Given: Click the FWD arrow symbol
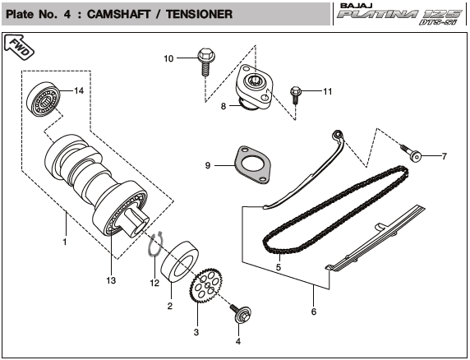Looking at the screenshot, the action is (19, 46).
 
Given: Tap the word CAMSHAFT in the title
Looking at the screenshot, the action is (118, 14).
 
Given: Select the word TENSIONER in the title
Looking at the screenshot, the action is (200, 14).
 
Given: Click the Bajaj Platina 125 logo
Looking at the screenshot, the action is (400, 14).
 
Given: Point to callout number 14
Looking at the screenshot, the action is (79, 90).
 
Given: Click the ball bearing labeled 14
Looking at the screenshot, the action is (44, 98).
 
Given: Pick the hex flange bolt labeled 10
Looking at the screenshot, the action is (206, 62).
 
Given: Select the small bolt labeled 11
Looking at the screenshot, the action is (296, 95).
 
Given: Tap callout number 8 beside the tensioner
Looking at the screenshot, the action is (223, 106).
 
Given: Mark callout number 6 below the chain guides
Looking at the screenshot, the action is (314, 312).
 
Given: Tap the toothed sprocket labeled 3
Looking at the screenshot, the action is (206, 285).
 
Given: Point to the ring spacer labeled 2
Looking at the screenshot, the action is (180, 262).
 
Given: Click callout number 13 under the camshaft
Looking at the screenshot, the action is (111, 280).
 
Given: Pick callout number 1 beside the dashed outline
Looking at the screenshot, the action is (65, 242).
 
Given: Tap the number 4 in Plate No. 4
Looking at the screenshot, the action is (67, 14).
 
